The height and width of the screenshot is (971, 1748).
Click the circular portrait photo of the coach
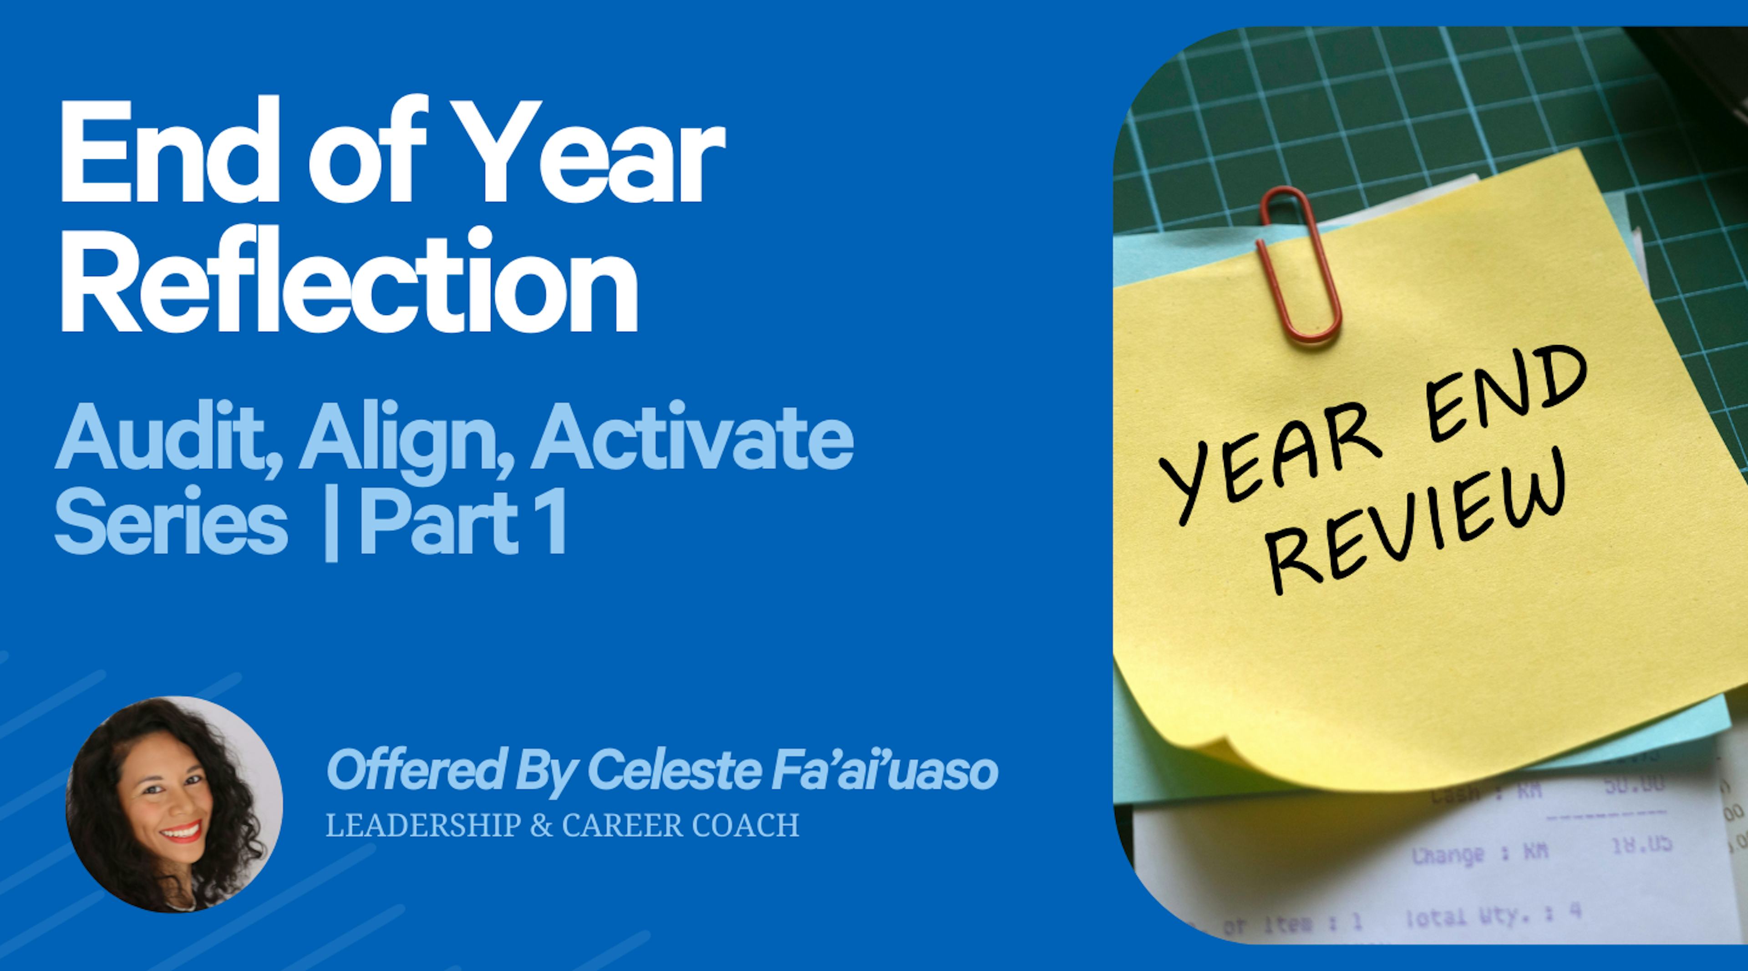point(174,804)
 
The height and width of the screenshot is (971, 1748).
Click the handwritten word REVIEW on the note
point(1418,526)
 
